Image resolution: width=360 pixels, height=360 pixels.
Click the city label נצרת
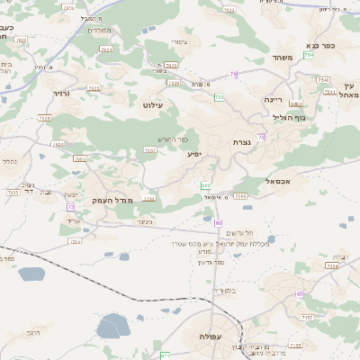click(241, 142)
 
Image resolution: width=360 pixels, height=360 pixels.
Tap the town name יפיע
click(195, 154)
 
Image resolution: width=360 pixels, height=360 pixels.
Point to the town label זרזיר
click(61, 93)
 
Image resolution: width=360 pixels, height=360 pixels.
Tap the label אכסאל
click(280, 181)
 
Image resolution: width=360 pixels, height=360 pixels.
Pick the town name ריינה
click(274, 99)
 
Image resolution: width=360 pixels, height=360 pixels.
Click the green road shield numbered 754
click(309, 55)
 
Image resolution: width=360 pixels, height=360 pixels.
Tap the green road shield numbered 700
click(218, 96)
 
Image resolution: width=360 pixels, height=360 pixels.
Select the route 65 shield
click(300, 294)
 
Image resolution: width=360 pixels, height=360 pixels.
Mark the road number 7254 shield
click(333, 266)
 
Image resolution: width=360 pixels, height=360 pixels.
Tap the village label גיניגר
click(144, 220)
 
